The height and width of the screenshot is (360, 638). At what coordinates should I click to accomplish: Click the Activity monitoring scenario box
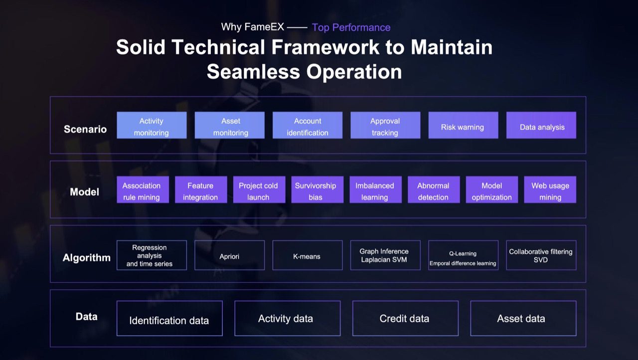pyautogui.click(x=152, y=125)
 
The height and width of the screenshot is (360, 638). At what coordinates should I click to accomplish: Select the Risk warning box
pyautogui.click(x=463, y=125)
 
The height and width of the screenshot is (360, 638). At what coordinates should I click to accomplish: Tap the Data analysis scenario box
pyautogui.click(x=541, y=125)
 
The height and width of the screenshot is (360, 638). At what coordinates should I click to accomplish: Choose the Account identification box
pyautogui.click(x=308, y=125)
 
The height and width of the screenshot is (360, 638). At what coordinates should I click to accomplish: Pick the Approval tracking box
pyautogui.click(x=385, y=125)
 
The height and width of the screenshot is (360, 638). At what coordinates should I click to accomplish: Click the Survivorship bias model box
pyautogui.click(x=318, y=189)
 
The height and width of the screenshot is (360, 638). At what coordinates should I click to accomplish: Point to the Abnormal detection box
pyautogui.click(x=434, y=189)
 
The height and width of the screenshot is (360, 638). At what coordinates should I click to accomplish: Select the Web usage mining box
pyautogui.click(x=550, y=189)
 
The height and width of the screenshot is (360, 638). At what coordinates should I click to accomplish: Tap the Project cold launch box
pyautogui.click(x=259, y=189)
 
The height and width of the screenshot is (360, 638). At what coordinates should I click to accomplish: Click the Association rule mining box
pyautogui.click(x=143, y=189)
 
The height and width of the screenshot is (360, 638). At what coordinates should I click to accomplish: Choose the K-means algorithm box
pyautogui.click(x=308, y=255)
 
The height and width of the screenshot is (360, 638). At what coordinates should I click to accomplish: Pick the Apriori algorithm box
pyautogui.click(x=230, y=255)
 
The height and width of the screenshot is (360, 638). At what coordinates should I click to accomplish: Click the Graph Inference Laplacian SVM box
pyautogui.click(x=385, y=255)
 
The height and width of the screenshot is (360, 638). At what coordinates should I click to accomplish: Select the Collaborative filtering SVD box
pyautogui.click(x=541, y=255)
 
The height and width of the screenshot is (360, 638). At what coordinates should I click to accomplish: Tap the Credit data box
pyautogui.click(x=405, y=319)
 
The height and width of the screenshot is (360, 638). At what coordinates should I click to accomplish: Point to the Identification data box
pyautogui.click(x=169, y=319)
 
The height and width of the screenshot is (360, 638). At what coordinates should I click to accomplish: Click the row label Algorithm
pyautogui.click(x=86, y=258)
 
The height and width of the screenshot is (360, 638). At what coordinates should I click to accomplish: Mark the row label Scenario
pyautogui.click(x=85, y=129)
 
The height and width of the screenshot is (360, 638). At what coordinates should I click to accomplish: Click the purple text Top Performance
pyautogui.click(x=351, y=27)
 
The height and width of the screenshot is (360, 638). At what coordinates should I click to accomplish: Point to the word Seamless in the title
pyautogui.click(x=253, y=71)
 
